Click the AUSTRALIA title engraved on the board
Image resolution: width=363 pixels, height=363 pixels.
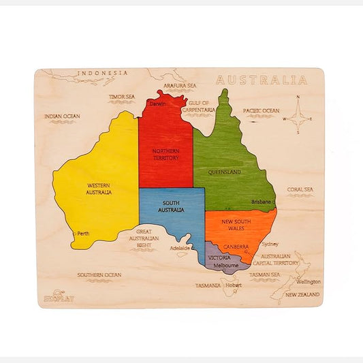(x=262, y=80)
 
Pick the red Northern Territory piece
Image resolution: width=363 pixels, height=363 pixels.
(x=165, y=146)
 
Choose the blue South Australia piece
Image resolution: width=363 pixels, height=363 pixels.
(x=172, y=211)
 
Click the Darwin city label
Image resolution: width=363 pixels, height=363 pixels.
(x=158, y=104)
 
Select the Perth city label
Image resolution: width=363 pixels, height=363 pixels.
(x=83, y=234)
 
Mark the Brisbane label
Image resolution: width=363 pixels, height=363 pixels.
(x=261, y=202)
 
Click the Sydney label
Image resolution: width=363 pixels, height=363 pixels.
(x=270, y=244)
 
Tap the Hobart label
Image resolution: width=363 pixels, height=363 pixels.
(x=234, y=285)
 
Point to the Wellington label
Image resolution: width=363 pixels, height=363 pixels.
(x=308, y=281)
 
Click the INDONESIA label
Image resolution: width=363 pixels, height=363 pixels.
(x=102, y=73)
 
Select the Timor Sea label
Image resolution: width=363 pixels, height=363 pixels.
(x=122, y=97)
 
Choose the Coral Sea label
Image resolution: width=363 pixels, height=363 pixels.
(x=300, y=190)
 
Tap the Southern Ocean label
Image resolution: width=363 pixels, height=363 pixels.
(x=99, y=275)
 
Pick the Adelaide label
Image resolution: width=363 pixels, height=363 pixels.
(x=180, y=249)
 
